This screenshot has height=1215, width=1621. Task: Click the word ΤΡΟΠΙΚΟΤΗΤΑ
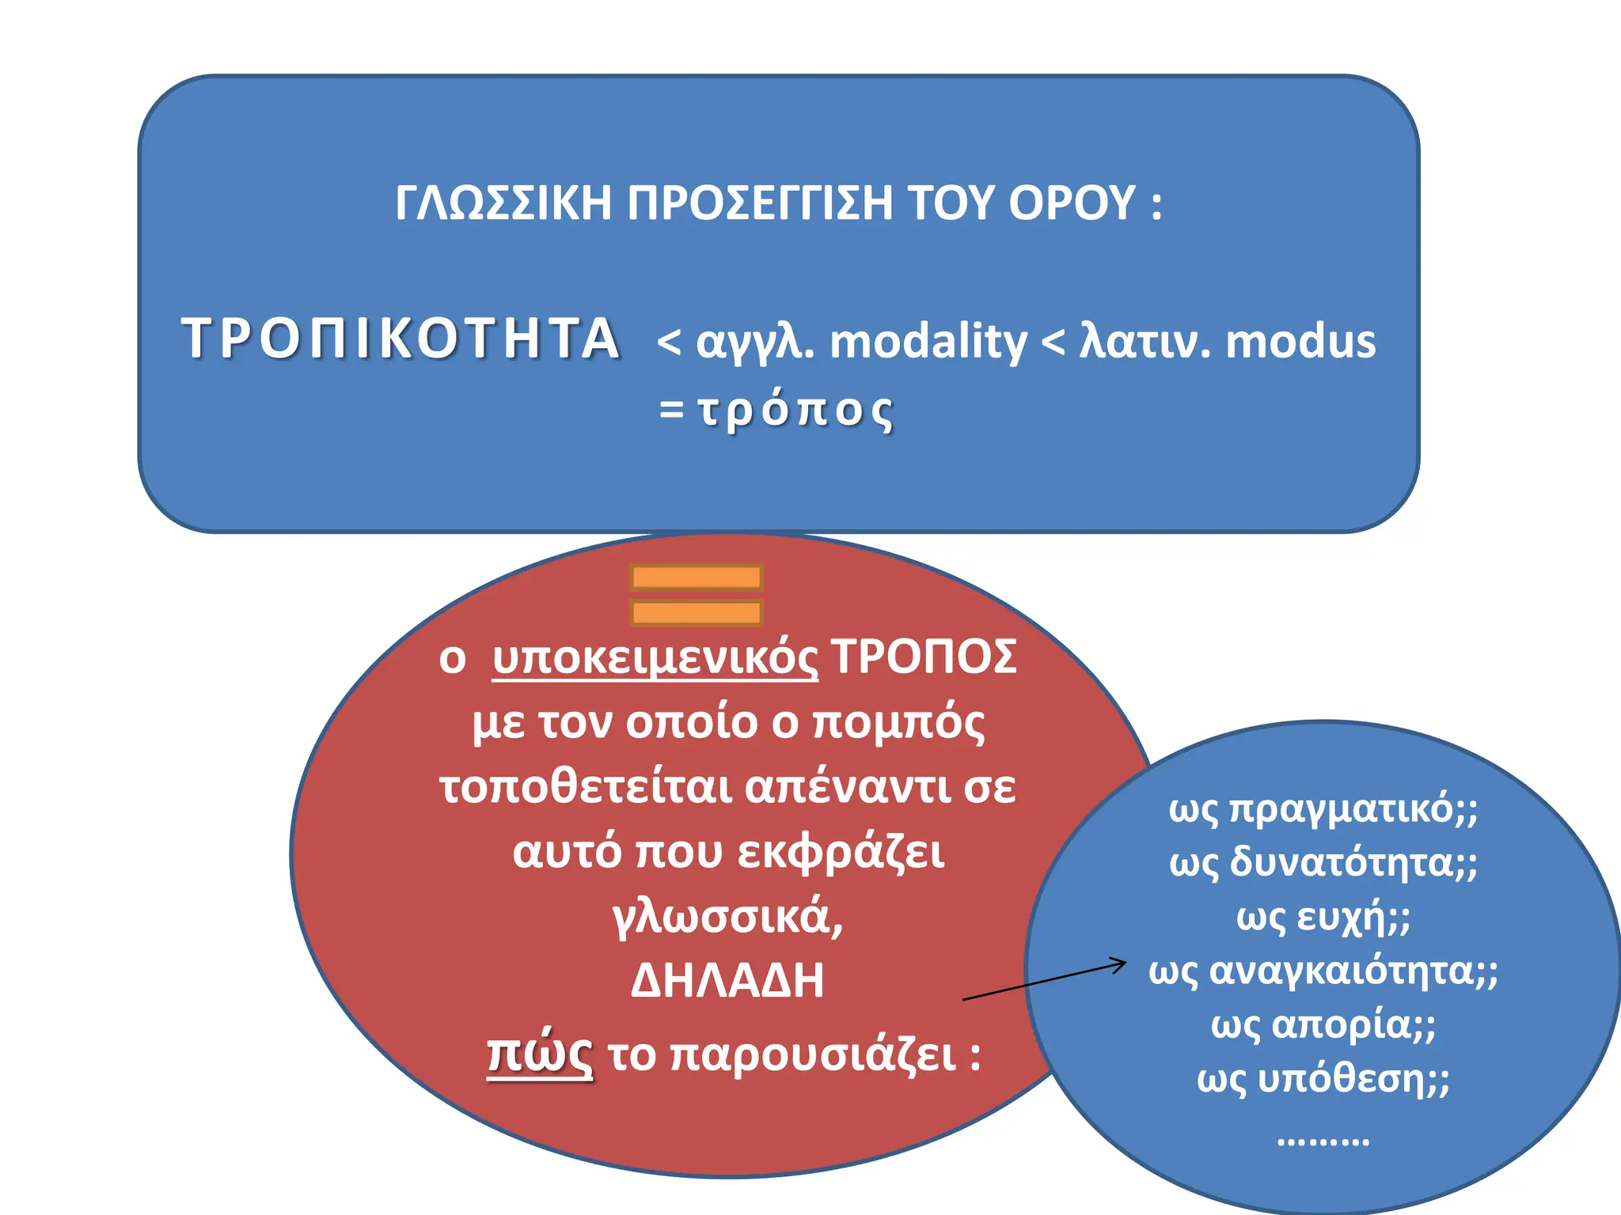tap(401, 339)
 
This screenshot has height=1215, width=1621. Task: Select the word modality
tap(928, 342)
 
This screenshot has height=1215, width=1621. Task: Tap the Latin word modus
tap(1300, 342)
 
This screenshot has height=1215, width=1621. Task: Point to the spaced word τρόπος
tap(795, 410)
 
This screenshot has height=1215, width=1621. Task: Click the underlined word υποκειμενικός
tap(655, 657)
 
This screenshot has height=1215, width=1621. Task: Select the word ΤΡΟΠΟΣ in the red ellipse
tap(924, 657)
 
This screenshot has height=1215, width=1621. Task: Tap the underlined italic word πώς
tap(539, 1054)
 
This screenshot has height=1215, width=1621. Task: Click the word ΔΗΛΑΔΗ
tap(727, 980)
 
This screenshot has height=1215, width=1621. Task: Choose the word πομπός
tap(899, 722)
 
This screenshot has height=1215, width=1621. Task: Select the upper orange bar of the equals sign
tap(697, 577)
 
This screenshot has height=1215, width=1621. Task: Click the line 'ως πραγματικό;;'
tap(1323, 808)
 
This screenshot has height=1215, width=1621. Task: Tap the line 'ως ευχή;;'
tap(1323, 917)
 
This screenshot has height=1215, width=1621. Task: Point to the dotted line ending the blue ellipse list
tap(1323, 1140)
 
